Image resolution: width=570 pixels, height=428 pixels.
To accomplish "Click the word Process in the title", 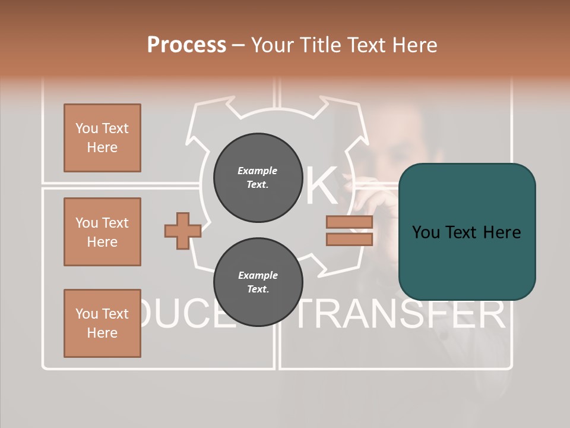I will pyautogui.click(x=186, y=45).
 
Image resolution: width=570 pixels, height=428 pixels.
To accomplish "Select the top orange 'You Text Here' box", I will pyautogui.click(x=102, y=138).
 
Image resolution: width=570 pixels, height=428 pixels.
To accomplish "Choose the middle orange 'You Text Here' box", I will pyautogui.click(x=102, y=232).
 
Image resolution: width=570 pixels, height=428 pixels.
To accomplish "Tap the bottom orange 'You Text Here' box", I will pyautogui.click(x=102, y=323).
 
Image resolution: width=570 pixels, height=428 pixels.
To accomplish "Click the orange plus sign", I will pyautogui.click(x=182, y=231).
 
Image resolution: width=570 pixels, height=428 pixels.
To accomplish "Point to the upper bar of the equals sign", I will pyautogui.click(x=349, y=222).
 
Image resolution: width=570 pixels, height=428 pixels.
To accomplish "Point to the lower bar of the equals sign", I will pyautogui.click(x=349, y=239).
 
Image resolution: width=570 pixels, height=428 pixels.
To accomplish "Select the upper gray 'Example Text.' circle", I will pyautogui.click(x=258, y=178).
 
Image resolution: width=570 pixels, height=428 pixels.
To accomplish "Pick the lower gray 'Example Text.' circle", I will pyautogui.click(x=258, y=282).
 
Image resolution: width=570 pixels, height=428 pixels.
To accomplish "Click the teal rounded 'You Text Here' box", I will pyautogui.click(x=467, y=232).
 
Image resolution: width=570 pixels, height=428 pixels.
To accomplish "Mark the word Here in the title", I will pyautogui.click(x=414, y=45).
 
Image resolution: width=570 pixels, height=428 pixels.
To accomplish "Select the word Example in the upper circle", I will pyautogui.click(x=258, y=171).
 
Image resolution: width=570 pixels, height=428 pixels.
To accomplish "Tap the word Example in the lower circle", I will pyautogui.click(x=258, y=275).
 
